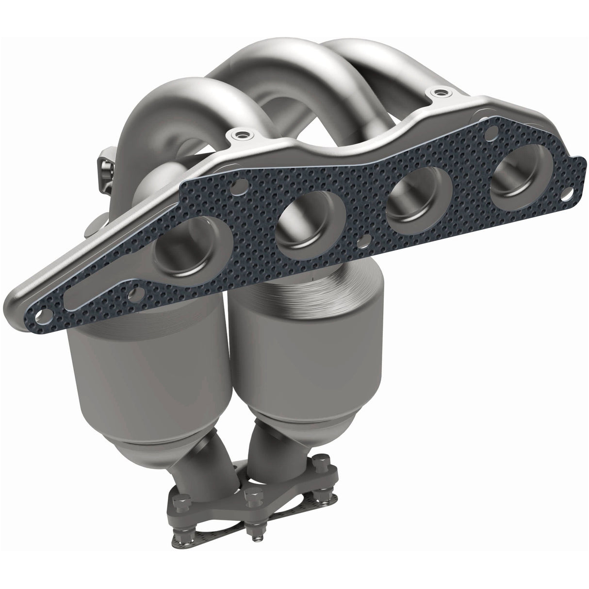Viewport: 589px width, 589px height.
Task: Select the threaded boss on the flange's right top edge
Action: (440, 91)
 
